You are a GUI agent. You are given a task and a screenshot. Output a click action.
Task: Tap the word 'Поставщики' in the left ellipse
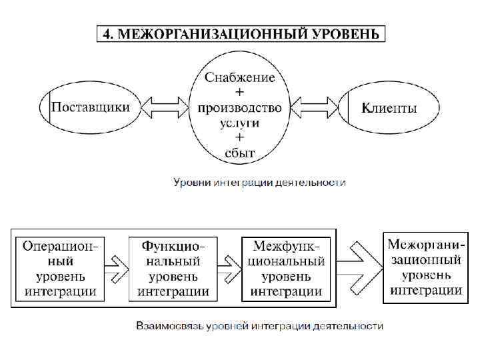[x=91, y=107]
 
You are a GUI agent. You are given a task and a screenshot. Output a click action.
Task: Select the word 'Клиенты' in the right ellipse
[x=389, y=107]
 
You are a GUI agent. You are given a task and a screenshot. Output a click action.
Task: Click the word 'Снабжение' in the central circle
[x=240, y=77]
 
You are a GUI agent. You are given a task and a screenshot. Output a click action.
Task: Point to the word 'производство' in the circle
[x=240, y=107]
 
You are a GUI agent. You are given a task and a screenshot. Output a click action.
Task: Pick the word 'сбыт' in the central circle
[x=240, y=153]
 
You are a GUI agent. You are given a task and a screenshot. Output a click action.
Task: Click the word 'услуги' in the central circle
[x=240, y=123]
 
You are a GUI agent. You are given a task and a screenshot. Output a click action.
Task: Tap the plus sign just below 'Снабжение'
[x=240, y=92]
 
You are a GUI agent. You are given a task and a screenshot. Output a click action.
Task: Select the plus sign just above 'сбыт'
[x=240, y=138]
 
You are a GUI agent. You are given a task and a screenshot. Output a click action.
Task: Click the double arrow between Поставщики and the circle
[x=166, y=106]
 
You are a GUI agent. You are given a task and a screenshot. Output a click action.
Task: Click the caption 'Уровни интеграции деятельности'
[x=260, y=182]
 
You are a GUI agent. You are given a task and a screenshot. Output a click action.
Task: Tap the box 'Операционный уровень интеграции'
[x=61, y=268]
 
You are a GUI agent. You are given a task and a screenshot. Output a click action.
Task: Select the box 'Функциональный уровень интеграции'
[x=173, y=268]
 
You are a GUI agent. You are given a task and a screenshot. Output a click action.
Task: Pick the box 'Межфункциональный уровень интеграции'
[x=285, y=268]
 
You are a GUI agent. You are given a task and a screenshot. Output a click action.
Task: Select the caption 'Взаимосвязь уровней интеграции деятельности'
[x=260, y=326]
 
